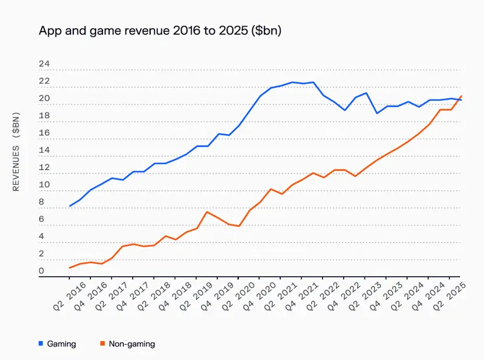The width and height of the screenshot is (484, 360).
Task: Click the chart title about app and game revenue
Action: point(160,30)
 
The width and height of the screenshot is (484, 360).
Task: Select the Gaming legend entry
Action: point(58,344)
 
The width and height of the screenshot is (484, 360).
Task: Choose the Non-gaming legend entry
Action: point(128,344)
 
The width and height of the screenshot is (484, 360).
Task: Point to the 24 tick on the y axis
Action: point(44,64)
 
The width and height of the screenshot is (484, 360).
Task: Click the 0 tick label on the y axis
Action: point(41,271)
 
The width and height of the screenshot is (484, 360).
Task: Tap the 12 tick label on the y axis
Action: point(44,167)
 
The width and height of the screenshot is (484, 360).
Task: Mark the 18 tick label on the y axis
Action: point(44,115)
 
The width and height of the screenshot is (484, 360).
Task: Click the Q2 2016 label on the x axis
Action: point(69,296)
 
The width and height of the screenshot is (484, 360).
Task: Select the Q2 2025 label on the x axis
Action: point(449,296)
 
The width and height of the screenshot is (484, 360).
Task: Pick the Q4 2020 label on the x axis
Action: point(259,296)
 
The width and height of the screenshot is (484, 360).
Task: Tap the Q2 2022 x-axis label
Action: point(322,296)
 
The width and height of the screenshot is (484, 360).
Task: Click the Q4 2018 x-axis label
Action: point(175,296)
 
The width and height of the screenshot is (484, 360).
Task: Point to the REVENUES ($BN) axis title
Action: point(16,151)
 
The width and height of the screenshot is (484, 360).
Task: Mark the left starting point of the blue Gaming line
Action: point(69,206)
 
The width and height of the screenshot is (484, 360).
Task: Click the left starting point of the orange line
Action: point(69,268)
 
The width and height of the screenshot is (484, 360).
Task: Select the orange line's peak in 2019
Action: point(207,212)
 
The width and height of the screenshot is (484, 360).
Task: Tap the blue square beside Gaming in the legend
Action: point(41,344)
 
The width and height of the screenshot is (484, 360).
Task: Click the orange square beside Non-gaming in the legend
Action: point(103,344)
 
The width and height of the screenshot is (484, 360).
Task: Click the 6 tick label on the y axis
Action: point(41,219)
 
